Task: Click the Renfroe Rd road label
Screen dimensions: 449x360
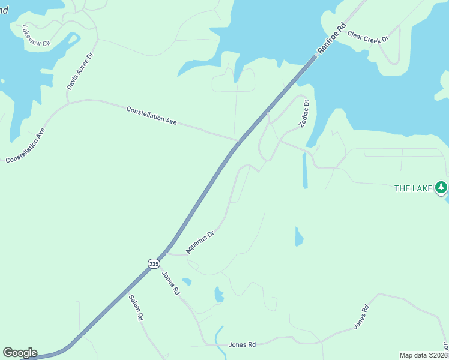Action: pos(333,37)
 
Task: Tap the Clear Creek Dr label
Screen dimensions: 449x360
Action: pos(368,37)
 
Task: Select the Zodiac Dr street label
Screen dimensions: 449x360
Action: pos(304,113)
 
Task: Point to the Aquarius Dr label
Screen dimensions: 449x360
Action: pos(200,242)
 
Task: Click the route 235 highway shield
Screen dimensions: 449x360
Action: pos(154,263)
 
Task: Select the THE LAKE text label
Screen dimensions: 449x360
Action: pos(413,188)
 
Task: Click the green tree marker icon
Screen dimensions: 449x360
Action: pos(441,188)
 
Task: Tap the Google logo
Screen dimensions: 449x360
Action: pos(20,353)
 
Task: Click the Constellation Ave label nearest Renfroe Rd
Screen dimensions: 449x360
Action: pos(151,115)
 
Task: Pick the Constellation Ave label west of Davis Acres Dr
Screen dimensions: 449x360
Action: pos(26,146)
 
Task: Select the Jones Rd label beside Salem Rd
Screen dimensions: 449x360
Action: pos(171,283)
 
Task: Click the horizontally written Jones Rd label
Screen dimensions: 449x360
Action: pos(242,344)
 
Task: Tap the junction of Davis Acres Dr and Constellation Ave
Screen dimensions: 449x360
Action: pos(68,103)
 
